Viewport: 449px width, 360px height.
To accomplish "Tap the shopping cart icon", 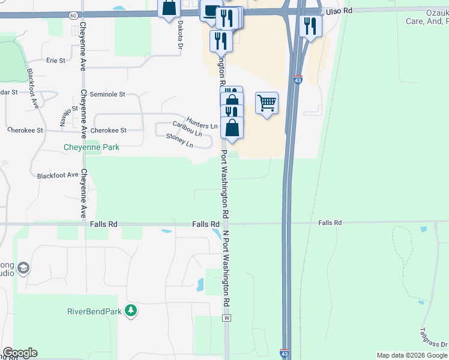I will click(267, 103).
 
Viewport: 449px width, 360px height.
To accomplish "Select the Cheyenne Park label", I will click(92, 147).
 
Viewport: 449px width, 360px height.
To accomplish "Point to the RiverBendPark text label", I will click(95, 311).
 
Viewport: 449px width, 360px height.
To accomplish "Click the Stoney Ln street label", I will click(179, 140).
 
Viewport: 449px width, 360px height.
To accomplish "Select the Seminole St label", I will click(107, 94).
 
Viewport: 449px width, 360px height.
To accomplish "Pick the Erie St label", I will click(55, 61).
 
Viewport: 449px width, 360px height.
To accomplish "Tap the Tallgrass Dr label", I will click(433, 337).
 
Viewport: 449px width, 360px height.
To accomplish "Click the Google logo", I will click(20, 353).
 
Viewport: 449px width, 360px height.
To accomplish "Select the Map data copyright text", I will click(412, 355).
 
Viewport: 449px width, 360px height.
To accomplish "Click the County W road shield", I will click(227, 318).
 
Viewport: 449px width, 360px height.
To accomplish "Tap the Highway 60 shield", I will click(73, 14).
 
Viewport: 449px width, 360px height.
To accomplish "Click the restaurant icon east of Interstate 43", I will click(310, 26).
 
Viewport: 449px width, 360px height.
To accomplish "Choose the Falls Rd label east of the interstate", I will click(330, 223).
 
